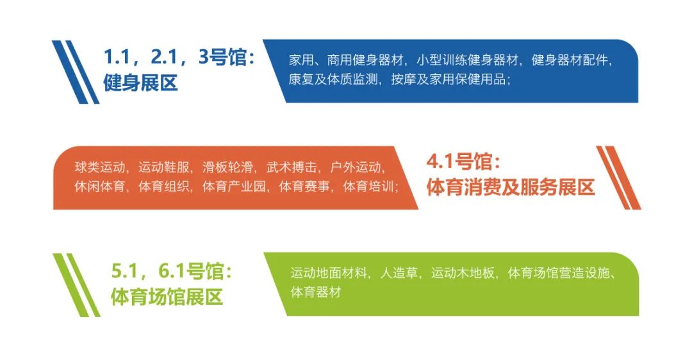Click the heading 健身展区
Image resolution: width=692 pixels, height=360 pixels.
click(140, 83)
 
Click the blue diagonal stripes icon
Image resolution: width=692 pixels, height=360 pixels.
click(76, 72)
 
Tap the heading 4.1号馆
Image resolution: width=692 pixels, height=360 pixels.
click(462, 161)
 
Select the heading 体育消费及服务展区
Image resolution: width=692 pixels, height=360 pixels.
click(510, 187)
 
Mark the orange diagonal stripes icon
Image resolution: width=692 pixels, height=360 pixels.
click(618, 177)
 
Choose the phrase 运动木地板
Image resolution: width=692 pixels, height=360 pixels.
click(463, 274)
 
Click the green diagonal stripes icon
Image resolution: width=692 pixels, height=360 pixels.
click(76, 284)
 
